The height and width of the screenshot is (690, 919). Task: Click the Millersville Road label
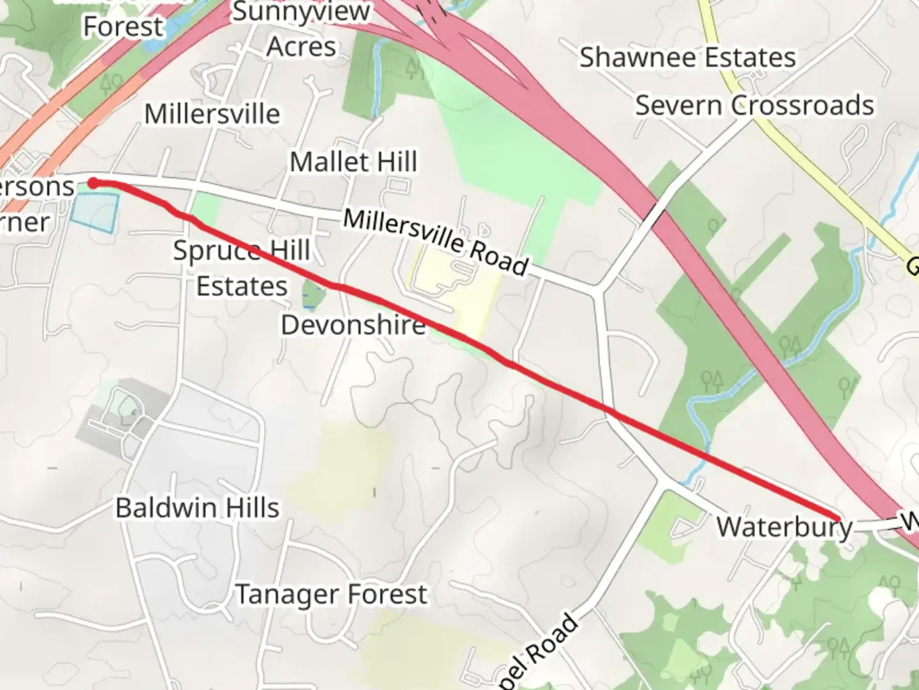click(436, 242)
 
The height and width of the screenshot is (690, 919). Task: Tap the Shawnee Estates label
click(687, 57)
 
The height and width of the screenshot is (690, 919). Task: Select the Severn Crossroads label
click(754, 105)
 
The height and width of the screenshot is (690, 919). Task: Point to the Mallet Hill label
click(354, 162)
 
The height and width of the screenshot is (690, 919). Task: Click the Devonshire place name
click(353, 325)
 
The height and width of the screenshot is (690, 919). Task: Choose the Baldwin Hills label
click(197, 508)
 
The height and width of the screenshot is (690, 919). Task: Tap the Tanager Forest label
click(331, 594)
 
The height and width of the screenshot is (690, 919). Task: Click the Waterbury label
click(784, 528)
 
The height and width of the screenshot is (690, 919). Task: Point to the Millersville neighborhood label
click(212, 114)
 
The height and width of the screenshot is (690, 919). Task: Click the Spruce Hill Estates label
click(242, 268)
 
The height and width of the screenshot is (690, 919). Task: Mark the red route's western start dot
click(93, 184)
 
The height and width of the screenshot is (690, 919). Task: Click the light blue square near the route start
click(95, 211)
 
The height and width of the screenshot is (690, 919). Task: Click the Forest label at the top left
click(123, 27)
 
